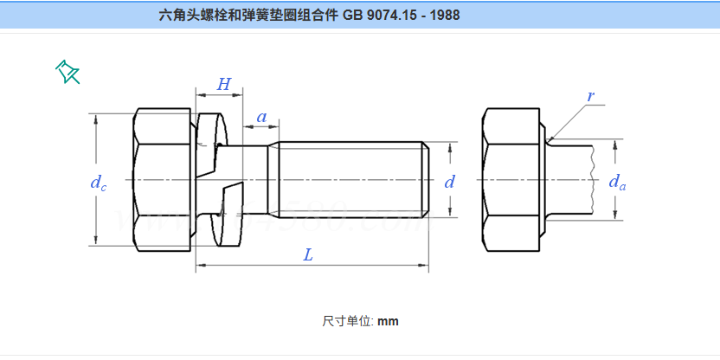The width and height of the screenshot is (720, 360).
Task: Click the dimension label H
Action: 223,84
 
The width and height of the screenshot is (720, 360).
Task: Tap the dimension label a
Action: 261,116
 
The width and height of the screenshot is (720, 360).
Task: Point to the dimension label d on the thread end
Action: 449,182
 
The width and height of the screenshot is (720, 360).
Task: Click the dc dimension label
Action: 98,182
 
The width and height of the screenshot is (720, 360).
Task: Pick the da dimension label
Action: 616,182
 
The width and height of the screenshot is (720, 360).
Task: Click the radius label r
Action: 591,96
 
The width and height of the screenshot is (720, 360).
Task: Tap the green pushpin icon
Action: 67,72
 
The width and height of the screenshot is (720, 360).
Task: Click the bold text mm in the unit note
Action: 388,321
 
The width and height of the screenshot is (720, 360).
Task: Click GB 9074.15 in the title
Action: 381,15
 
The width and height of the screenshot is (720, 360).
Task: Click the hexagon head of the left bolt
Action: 164,179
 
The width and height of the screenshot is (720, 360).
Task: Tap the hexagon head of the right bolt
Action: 512,179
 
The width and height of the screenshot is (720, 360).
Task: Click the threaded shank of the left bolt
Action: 346,179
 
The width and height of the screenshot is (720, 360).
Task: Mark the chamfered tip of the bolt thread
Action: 427,179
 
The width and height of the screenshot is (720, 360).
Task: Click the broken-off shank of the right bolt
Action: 571,179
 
